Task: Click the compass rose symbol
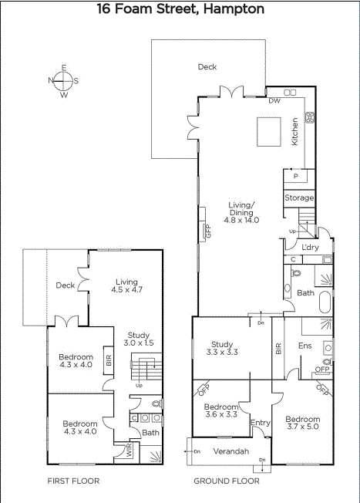click(64, 81)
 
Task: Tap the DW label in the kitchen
click(274, 101)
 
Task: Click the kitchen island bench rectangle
click(268, 132)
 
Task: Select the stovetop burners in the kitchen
click(311, 117)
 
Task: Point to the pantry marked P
click(295, 176)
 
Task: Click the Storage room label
click(299, 197)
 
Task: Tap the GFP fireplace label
click(208, 231)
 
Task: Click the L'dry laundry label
click(311, 248)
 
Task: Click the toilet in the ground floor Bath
click(296, 273)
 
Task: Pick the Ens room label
click(304, 346)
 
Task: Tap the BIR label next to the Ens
click(278, 349)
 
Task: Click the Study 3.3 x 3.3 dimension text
click(222, 353)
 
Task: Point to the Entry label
click(261, 423)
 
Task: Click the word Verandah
click(231, 451)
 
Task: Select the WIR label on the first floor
click(129, 451)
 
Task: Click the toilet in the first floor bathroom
click(156, 403)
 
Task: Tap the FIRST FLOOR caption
click(73, 481)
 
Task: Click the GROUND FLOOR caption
click(227, 481)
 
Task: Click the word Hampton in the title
click(234, 9)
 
